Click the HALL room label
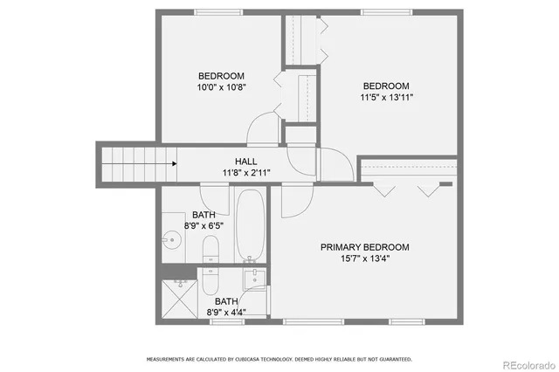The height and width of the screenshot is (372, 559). (x=245, y=162)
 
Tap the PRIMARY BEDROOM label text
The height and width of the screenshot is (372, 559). (x=364, y=247)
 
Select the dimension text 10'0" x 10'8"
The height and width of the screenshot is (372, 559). (x=221, y=87)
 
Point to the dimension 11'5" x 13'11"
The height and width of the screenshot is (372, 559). (x=387, y=97)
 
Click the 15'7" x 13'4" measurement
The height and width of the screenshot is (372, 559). (x=364, y=258)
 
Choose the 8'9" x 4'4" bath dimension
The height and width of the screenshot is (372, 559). (x=226, y=312)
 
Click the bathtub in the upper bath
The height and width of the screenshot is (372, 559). (x=249, y=224)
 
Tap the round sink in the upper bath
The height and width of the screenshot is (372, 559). (x=171, y=240)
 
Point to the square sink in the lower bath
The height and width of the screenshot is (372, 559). (x=255, y=280)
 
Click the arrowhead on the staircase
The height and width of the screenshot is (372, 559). (x=175, y=163)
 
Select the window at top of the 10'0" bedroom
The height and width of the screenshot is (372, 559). (x=218, y=12)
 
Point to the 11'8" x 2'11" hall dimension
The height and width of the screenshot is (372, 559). (x=245, y=173)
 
